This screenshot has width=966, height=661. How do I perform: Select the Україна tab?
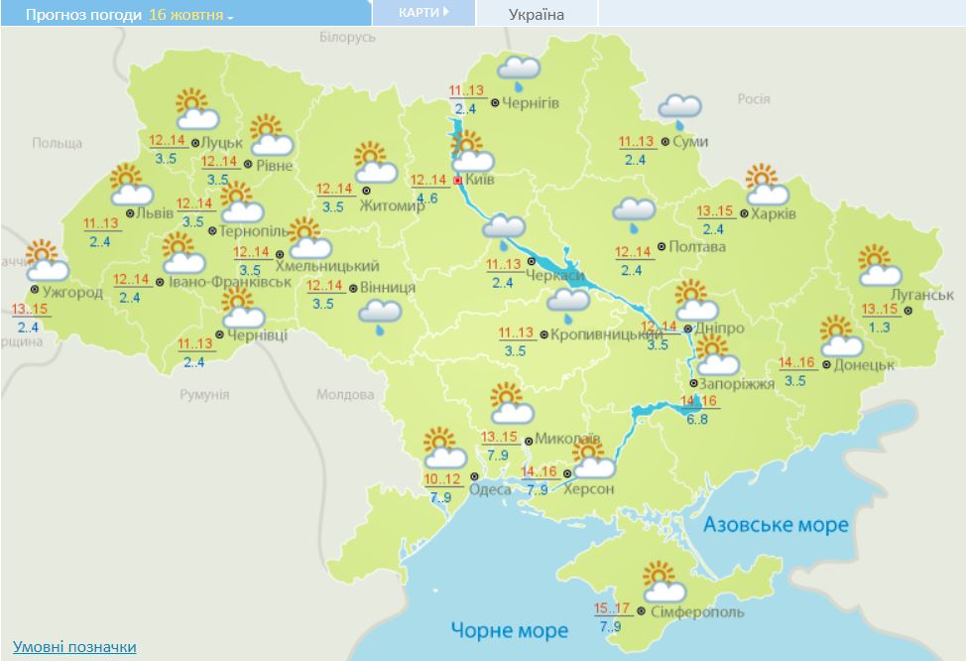point(536,14)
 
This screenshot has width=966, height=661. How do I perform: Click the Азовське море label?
point(777,524)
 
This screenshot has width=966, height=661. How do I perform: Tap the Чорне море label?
point(510,629)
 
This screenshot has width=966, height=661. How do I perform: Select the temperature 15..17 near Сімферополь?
point(613,608)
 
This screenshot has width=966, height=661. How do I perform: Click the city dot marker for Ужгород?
point(35,290)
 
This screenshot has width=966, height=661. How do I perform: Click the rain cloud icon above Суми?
point(680,109)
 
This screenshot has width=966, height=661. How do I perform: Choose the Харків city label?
point(775,212)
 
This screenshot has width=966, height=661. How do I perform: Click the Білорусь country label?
point(348,37)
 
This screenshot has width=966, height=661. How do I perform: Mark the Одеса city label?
point(492,488)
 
